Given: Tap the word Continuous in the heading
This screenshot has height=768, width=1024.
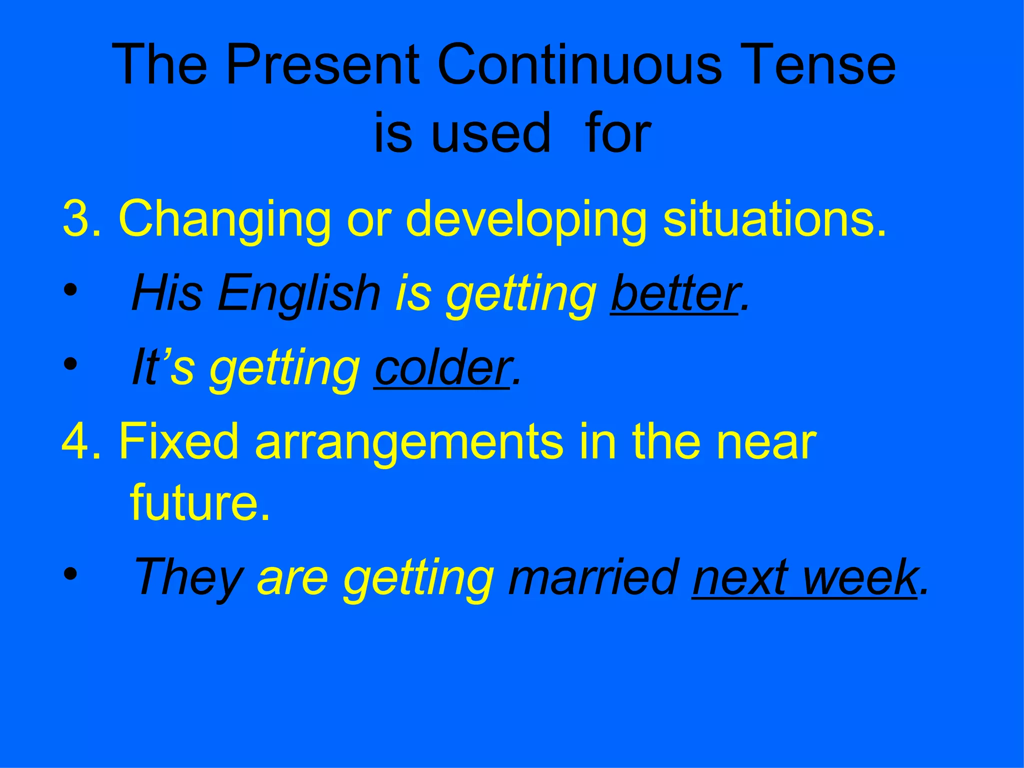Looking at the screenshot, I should tap(579, 65).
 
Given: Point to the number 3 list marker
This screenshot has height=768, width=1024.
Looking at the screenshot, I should tap(76, 219).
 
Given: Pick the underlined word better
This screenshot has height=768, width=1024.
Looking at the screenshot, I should tap(674, 293).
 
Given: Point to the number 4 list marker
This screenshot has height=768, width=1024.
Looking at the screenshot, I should tap(76, 441).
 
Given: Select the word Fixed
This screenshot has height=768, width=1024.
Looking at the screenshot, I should tap(178, 441).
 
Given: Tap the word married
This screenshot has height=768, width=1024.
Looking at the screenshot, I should tap(593, 577).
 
